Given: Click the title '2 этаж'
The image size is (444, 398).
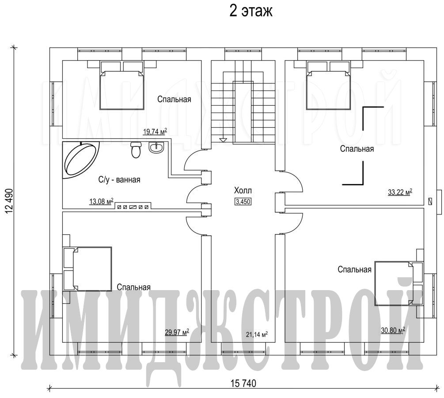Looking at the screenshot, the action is (250, 11).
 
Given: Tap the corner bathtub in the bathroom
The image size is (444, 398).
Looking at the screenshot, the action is (81, 160).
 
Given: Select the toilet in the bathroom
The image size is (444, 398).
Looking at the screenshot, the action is (136, 149).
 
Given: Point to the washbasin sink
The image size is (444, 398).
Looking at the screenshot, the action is (156, 147).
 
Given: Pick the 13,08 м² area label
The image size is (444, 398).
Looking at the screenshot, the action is (101, 202).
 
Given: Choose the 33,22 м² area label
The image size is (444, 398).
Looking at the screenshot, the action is (400, 192).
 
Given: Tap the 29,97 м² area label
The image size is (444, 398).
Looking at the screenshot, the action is (177, 332).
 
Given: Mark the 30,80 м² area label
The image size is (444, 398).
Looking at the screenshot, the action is (393, 330).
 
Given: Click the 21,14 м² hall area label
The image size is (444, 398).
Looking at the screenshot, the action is (257, 335).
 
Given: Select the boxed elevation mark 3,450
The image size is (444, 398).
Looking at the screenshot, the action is (243, 202).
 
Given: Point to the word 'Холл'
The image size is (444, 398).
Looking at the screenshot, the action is (243, 190).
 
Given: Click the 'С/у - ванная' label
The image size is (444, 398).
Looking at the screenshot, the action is (119, 180).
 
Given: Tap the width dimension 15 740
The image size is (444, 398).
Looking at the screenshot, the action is (243, 383).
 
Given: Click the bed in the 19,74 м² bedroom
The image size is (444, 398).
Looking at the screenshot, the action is (122, 85).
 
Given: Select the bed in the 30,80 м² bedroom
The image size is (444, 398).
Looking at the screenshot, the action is (398, 283).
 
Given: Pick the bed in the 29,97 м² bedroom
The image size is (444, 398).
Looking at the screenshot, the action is (87, 269).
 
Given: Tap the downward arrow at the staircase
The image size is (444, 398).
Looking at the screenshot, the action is (223, 140).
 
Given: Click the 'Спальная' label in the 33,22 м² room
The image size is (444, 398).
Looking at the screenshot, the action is (357, 149).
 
